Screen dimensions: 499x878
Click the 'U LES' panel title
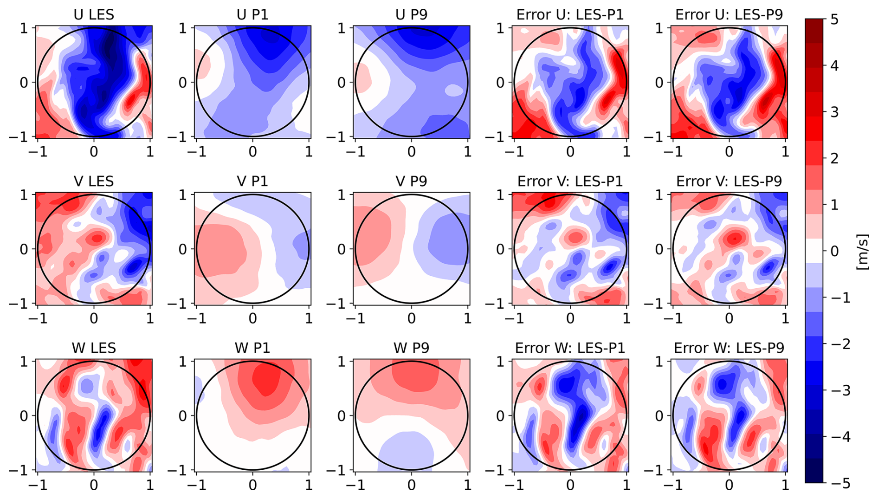[94, 14]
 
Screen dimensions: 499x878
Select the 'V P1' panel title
[252, 181]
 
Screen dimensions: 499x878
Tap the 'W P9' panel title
[411, 348]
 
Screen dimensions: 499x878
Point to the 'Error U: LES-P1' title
[570, 14]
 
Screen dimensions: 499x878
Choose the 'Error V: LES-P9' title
[729, 181]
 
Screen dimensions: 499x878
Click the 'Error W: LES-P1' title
[570, 348]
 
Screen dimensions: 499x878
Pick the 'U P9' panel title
[411, 14]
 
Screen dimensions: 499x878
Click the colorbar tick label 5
[834, 20]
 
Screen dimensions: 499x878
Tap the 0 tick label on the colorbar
[834, 252]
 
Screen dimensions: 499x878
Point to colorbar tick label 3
[834, 112]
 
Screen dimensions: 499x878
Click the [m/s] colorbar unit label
[862, 252]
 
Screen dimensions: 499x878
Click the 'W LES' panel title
[94, 348]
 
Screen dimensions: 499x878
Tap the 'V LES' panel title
[94, 181]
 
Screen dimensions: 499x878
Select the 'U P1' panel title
[252, 14]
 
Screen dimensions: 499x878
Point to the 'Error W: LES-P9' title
[729, 348]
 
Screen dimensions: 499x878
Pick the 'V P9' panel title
[411, 181]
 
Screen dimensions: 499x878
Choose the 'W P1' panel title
[252, 348]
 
